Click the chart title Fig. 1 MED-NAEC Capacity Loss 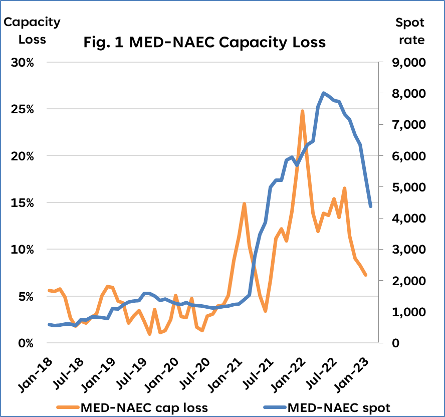tap(204, 42)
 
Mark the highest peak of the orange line tap(302, 111)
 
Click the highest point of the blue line tap(324, 93)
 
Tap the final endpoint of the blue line tap(370, 206)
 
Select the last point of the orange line tap(366, 275)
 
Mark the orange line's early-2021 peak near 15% tap(244, 204)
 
